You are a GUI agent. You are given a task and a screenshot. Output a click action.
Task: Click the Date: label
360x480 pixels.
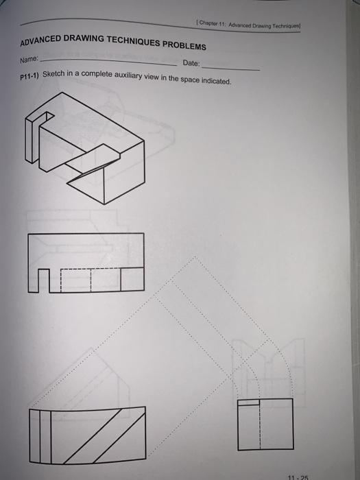pos(191,64)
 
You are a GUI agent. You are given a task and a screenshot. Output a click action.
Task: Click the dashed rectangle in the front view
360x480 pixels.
pos(89,280)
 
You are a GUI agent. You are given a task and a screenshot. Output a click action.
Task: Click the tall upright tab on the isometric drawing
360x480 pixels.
pos(30,141)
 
